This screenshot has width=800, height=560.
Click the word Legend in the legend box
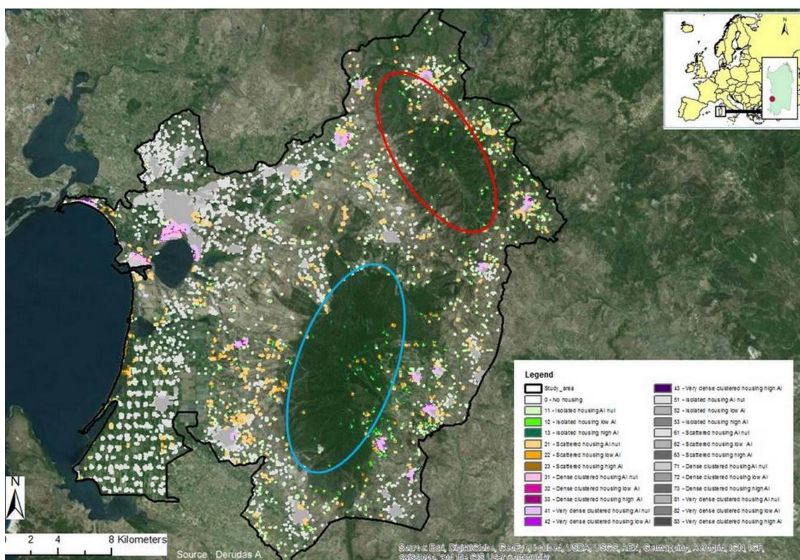coord(539,375)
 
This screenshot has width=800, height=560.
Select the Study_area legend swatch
coord(533,389)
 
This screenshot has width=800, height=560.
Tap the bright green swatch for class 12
coord(533,422)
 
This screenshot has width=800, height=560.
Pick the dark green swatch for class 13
coord(533,433)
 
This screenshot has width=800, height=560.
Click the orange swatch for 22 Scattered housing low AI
coord(533,455)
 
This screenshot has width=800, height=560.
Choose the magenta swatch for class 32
coord(533,489)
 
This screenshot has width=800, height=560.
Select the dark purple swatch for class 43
coord(662,389)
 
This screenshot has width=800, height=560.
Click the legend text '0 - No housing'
coord(563,400)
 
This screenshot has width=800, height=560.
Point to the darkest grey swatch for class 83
coord(662,521)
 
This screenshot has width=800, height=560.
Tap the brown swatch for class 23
coord(533,466)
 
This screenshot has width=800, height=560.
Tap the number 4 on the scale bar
coord(57,540)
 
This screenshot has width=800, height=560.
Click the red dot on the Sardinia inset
coord(772,99)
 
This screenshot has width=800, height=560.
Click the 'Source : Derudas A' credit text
coord(219,554)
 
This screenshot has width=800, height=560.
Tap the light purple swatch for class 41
coord(533,511)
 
